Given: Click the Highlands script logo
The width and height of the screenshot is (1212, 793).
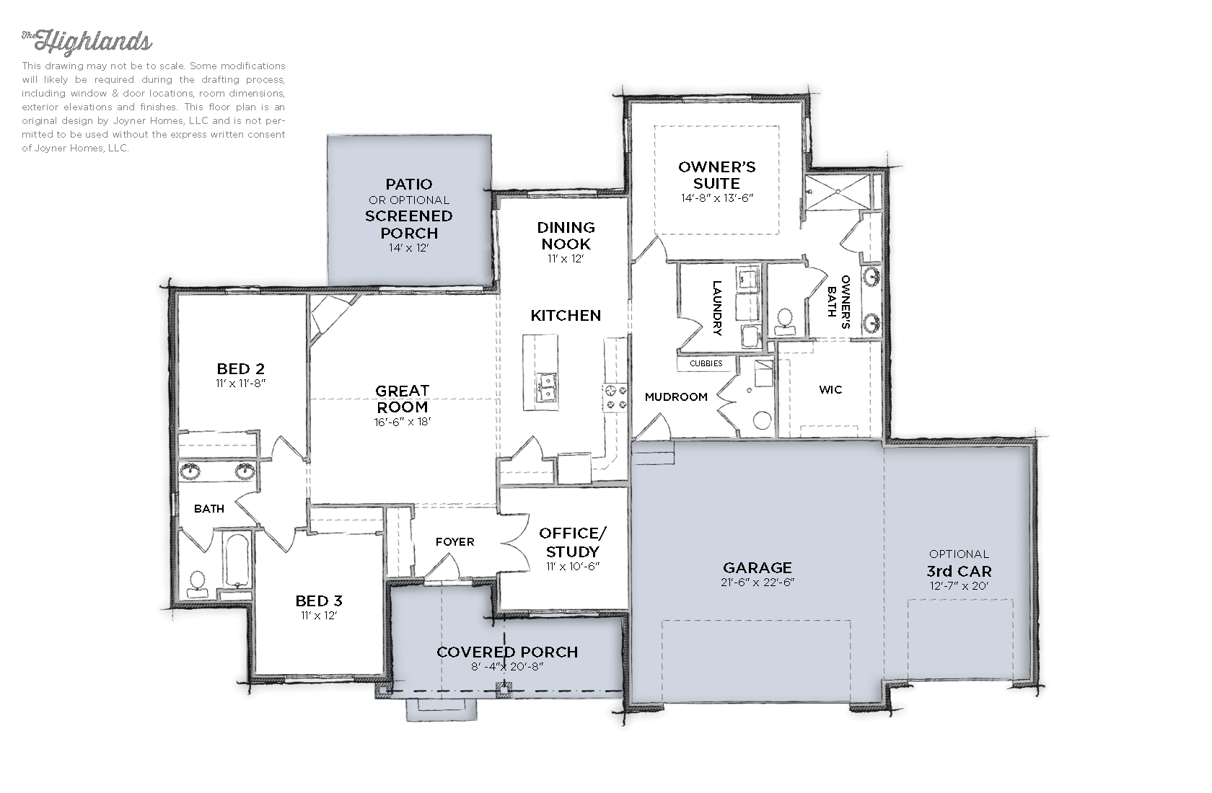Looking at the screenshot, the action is pos(87,42).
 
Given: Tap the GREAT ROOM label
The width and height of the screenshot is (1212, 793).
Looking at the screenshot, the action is pos(403,399).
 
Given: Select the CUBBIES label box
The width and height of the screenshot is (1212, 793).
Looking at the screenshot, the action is pos(706,364).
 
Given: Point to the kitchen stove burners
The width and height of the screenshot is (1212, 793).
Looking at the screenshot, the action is pos(616,397).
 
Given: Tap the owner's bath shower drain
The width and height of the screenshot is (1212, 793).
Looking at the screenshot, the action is pos(838,191).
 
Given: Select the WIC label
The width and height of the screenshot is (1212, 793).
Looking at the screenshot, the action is pos(830,390).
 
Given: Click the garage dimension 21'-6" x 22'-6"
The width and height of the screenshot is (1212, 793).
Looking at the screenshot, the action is pos(757,582).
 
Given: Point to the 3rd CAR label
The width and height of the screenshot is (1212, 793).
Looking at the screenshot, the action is pos(959,572).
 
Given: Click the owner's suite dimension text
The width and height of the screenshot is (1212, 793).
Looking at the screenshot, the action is pos(717,198).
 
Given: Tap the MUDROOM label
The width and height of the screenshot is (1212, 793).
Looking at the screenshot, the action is pos(677,396).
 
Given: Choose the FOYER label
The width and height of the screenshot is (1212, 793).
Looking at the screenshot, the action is pos(455,541).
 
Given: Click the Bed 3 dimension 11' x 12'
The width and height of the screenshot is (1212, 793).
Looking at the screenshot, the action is pos(319,616).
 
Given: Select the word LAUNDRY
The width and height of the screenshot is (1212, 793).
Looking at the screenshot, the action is pos(717,308).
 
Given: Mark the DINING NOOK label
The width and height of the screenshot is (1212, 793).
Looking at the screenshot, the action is pos(566,236).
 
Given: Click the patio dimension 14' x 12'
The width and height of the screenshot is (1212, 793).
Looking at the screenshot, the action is pos(409,248).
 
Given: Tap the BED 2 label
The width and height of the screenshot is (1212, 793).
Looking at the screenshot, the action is pos(241,368).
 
